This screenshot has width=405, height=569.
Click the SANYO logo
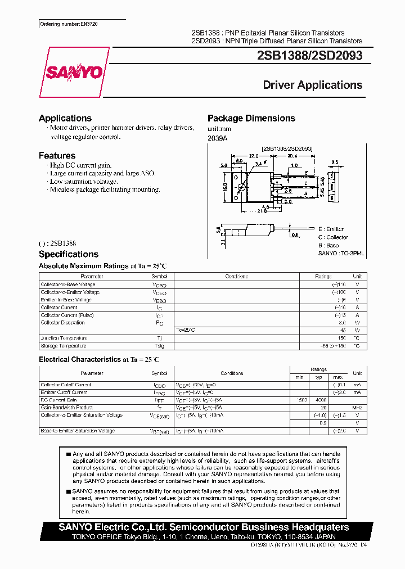point(74,73)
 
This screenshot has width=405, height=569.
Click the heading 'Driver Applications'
point(312,85)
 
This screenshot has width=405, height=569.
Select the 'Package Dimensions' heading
point(251,118)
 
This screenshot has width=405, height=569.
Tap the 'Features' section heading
point(57,155)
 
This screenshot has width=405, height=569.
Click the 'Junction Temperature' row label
point(64,338)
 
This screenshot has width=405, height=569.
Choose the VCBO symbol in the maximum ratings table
point(159,285)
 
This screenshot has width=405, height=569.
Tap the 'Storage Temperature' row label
point(63,346)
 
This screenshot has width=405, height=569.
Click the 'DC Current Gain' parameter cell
point(58,400)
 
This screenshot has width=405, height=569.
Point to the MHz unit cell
point(357,408)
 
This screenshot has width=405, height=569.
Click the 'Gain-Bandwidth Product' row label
point(66,408)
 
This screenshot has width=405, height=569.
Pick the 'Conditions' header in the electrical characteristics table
point(232,373)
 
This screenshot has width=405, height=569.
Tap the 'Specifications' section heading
point(68,254)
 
